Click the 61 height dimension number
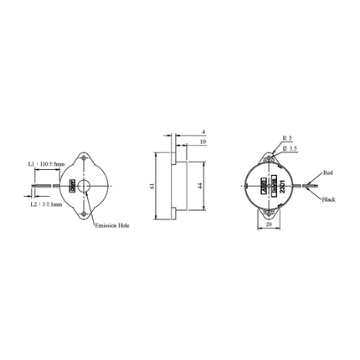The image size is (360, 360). click(x=152, y=186)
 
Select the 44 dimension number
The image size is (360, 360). click(x=201, y=186)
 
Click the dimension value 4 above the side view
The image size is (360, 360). click(x=203, y=132)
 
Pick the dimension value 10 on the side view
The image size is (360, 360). click(x=203, y=142)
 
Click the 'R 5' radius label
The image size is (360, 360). click(x=287, y=136)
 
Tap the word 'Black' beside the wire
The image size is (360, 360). click(x=328, y=199)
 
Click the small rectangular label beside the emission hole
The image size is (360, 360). click(x=73, y=185)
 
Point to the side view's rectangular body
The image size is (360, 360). click(x=173, y=186)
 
